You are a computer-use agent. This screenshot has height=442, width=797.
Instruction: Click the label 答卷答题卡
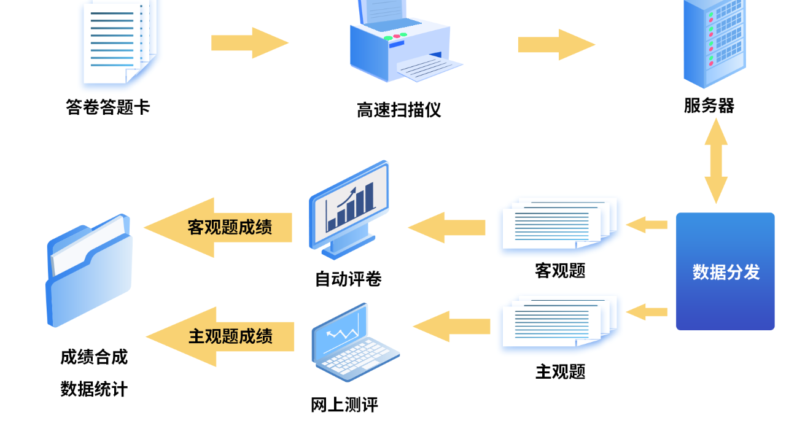pyautogui.click(x=108, y=107)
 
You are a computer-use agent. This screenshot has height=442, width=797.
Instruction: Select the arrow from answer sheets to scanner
pyautogui.click(x=249, y=42)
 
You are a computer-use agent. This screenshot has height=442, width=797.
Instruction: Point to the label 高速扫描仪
pyautogui.click(x=399, y=110)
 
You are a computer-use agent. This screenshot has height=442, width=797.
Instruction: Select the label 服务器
pyautogui.click(x=709, y=106)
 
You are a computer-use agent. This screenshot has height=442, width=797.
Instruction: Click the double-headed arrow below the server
pyautogui.click(x=715, y=161)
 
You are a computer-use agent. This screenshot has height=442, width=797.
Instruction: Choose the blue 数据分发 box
pyautogui.click(x=725, y=271)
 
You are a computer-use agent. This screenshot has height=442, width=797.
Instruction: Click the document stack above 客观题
pyautogui.click(x=559, y=225)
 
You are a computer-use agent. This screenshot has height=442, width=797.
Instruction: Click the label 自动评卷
pyautogui.click(x=348, y=279)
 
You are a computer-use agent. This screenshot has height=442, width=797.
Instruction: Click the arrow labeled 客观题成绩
pyautogui.click(x=218, y=227)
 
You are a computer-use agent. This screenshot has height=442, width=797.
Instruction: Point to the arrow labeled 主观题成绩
pyautogui.click(x=220, y=336)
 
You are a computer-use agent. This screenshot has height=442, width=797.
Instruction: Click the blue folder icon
pyautogui.click(x=89, y=270)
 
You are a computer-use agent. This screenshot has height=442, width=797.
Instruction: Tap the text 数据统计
pyautogui.click(x=94, y=389)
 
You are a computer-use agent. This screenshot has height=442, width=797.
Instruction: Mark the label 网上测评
pyautogui.click(x=344, y=405)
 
